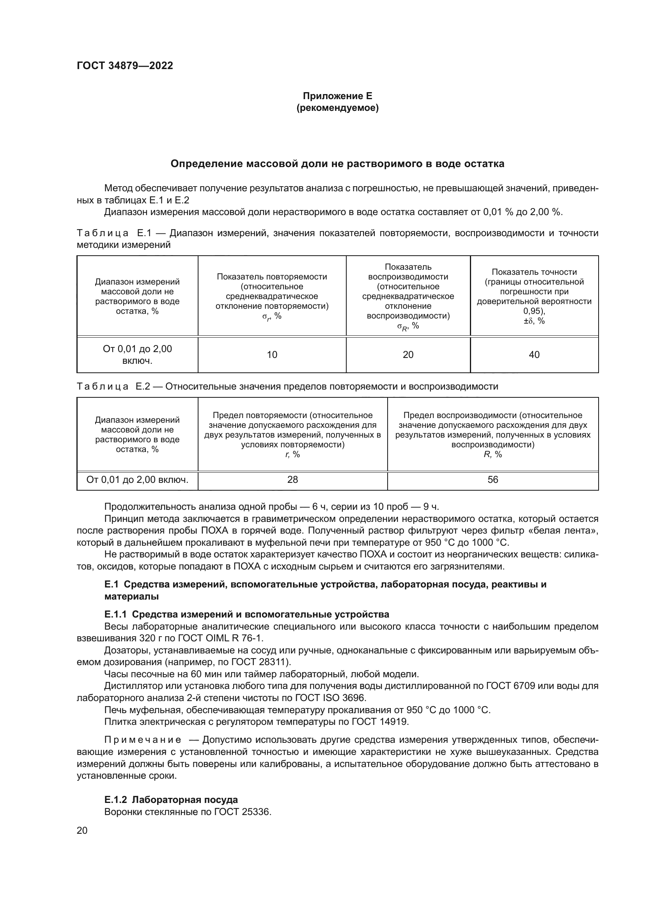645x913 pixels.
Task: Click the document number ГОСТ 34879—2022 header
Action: click(x=125, y=66)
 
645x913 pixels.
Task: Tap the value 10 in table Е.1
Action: click(x=272, y=355)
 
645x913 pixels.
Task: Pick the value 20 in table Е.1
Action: click(x=408, y=355)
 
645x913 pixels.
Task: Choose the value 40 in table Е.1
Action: click(x=534, y=355)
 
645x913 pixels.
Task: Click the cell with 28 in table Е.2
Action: click(x=292, y=480)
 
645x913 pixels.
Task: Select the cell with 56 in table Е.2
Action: click(x=493, y=480)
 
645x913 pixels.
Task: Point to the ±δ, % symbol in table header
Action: click(x=534, y=321)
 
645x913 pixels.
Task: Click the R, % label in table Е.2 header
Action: click(x=493, y=454)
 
